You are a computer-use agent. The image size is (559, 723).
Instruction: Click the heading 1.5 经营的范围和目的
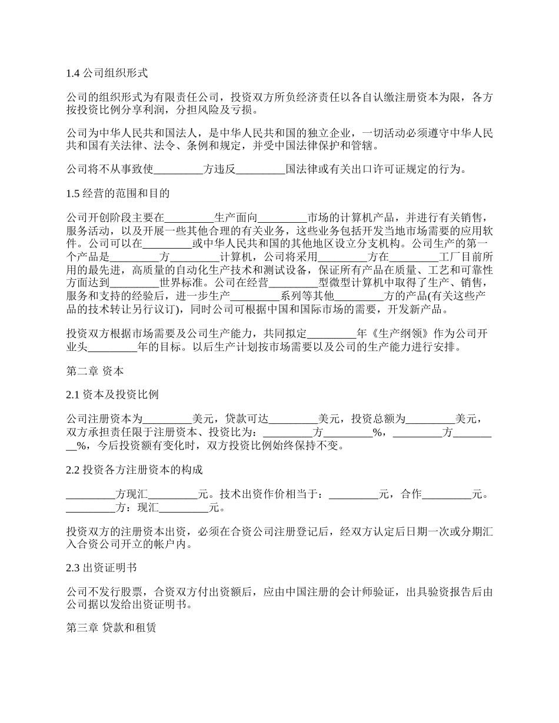click(x=118, y=193)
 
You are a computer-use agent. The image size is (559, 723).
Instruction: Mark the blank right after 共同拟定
click(x=332, y=334)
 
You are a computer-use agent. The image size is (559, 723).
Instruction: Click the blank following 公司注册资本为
click(x=168, y=419)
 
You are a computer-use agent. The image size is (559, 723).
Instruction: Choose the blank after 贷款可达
click(x=293, y=419)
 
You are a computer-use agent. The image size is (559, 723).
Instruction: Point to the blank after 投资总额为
click(x=431, y=419)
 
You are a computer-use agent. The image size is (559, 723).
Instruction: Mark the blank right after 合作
click(x=447, y=494)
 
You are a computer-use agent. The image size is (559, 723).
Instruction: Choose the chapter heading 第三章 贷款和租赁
click(x=111, y=628)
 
